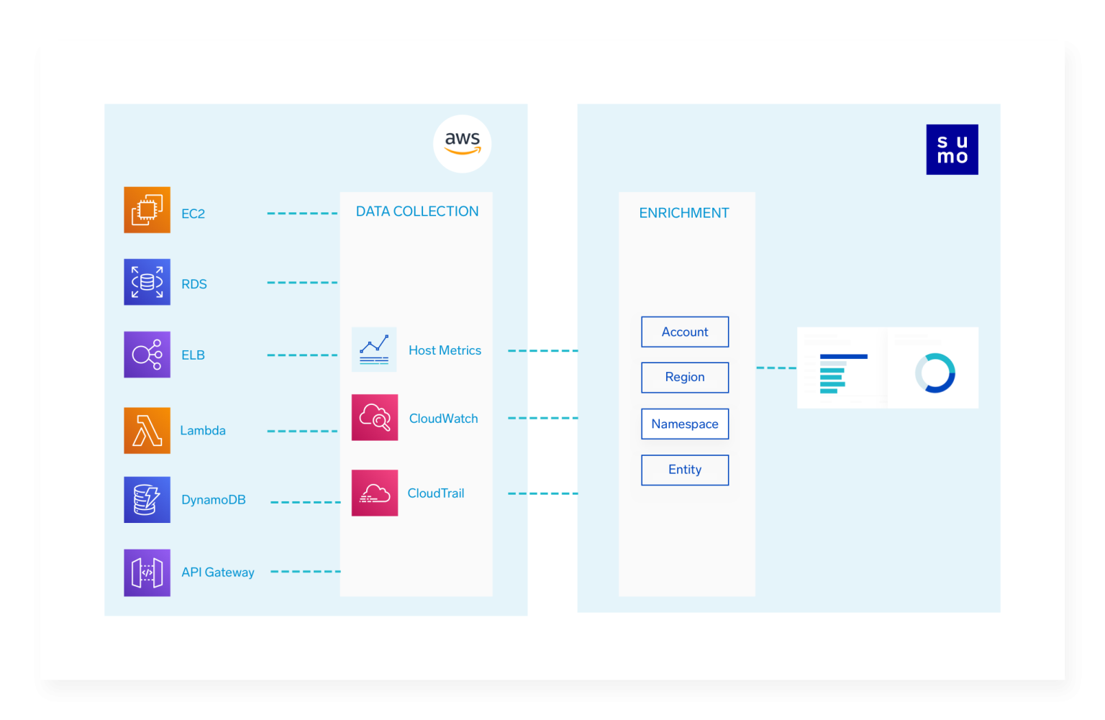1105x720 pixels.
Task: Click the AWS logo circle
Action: click(x=462, y=144)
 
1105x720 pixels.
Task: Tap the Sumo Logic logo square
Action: click(x=952, y=150)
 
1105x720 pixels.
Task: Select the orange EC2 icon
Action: click(x=147, y=210)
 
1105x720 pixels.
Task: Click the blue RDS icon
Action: click(x=147, y=282)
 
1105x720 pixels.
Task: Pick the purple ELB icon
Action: click(x=147, y=355)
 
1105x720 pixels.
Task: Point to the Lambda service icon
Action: click(x=147, y=430)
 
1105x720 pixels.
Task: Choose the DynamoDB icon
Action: click(x=147, y=499)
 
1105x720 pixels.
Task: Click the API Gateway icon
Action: click(x=147, y=573)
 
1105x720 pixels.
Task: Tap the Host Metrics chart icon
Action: click(x=374, y=350)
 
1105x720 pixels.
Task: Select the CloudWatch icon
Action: click(x=374, y=417)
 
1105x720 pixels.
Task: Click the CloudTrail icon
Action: click(x=374, y=493)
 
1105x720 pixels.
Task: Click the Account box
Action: click(x=685, y=332)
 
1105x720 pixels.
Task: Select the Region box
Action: click(x=685, y=377)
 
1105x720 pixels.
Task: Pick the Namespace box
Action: click(x=685, y=424)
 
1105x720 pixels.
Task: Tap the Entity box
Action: click(x=685, y=470)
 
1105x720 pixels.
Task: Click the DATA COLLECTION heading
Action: click(x=417, y=211)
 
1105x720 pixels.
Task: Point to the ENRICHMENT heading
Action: click(x=684, y=213)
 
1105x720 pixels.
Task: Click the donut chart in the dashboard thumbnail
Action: click(x=935, y=373)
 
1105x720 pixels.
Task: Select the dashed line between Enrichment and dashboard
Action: click(x=776, y=368)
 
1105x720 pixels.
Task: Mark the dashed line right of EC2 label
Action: click(x=302, y=214)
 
